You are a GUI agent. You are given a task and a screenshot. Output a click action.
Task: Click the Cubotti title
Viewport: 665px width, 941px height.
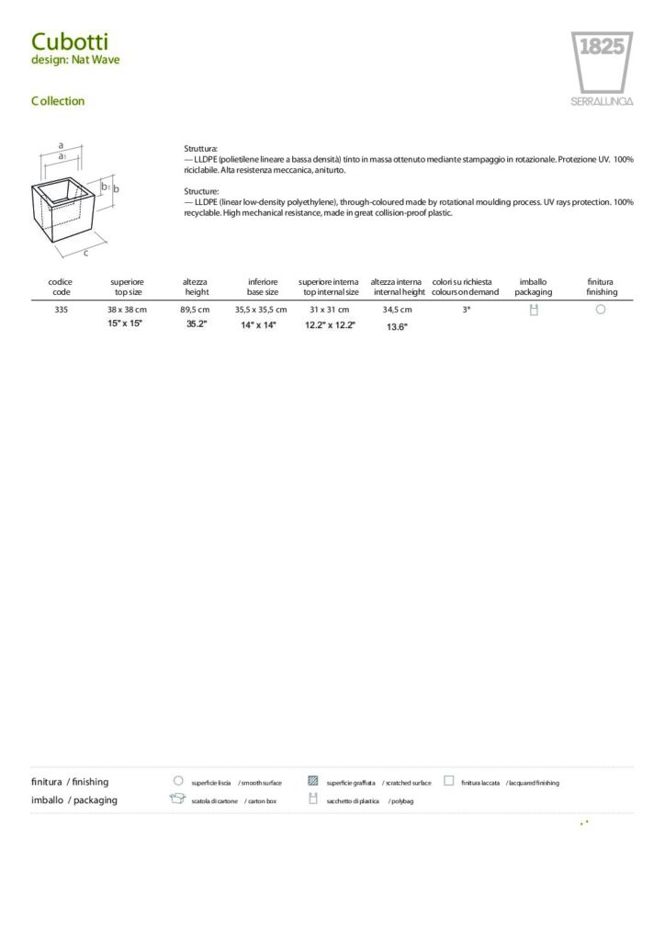[70, 41]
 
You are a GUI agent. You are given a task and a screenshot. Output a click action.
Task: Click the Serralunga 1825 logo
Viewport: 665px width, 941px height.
[602, 68]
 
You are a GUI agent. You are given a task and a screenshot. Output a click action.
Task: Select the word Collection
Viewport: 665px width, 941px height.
[57, 101]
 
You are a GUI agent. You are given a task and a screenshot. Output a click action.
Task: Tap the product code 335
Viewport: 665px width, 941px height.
[62, 310]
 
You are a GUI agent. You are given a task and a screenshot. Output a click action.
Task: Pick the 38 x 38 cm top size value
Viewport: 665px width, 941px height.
[127, 310]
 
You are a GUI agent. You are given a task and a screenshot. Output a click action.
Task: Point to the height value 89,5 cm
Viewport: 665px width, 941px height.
[195, 310]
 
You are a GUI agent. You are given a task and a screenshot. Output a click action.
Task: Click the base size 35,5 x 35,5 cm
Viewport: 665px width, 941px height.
[261, 310]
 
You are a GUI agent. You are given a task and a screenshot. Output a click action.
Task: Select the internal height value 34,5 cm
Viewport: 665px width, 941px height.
[397, 310]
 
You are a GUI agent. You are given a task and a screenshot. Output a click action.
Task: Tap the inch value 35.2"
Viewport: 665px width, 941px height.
[197, 324]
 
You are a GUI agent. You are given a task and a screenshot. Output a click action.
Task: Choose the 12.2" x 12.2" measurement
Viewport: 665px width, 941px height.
[330, 325]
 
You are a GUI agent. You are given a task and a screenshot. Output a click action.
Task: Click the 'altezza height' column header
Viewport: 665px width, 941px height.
[196, 287]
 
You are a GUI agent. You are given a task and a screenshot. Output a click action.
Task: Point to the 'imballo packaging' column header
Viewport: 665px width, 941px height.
[533, 287]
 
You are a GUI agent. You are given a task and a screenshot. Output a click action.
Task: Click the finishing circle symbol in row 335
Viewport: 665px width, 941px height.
[600, 310]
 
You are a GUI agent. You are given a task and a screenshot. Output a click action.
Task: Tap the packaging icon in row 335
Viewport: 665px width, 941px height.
[533, 310]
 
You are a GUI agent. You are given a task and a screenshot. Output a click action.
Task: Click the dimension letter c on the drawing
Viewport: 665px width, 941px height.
[85, 252]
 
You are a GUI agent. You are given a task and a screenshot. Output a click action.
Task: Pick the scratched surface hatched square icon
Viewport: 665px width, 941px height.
[313, 781]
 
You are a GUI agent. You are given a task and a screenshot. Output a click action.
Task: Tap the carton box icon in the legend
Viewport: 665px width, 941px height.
[177, 799]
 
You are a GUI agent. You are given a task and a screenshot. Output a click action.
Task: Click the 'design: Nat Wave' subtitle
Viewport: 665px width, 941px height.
[75, 60]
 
